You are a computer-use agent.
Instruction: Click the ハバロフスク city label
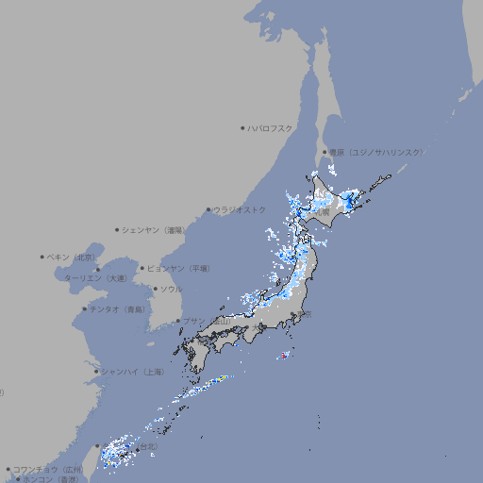click(270, 127)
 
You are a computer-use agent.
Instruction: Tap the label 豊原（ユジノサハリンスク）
click(376, 152)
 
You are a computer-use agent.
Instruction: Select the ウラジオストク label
click(240, 209)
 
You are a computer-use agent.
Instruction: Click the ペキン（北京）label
click(72, 257)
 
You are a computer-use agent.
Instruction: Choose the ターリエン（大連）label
click(95, 279)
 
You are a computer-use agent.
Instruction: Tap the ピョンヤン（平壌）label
click(179, 268)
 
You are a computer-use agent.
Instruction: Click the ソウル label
click(171, 289)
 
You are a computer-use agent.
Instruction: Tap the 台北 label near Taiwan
click(149, 447)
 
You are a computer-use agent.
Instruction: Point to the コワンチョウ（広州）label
click(48, 469)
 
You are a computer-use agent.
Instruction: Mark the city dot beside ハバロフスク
click(242, 127)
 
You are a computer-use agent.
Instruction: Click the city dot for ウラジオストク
click(208, 209)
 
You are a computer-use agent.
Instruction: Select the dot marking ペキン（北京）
click(42, 257)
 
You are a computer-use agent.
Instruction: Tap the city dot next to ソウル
click(156, 289)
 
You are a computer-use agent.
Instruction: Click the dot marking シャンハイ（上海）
click(96, 372)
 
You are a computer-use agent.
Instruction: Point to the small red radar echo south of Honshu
click(282, 356)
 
